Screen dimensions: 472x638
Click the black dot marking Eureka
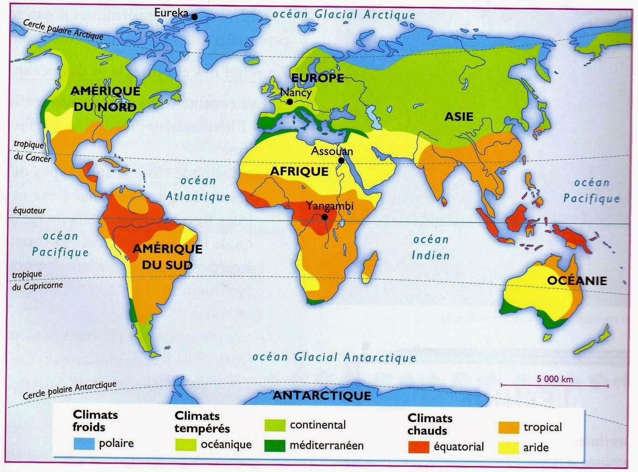pyautogui.click(x=195, y=16)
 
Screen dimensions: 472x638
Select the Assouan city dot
pyautogui.click(x=340, y=161)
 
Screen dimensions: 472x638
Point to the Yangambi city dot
pyautogui.click(x=324, y=217)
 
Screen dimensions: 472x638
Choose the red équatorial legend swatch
pyautogui.click(x=418, y=446)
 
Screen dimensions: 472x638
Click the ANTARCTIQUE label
pyautogui.click(x=321, y=396)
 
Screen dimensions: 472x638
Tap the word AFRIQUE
pyautogui.click(x=299, y=172)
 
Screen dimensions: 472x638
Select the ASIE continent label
pyautogui.click(x=458, y=117)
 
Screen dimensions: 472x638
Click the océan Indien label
pyautogui.click(x=431, y=248)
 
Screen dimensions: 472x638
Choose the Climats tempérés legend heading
pyautogui.click(x=202, y=422)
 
